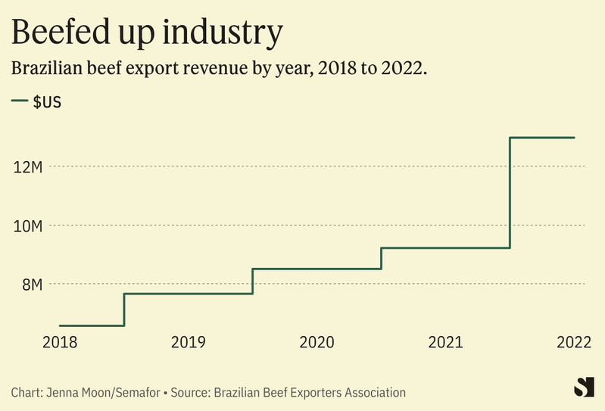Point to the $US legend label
(x=46, y=102)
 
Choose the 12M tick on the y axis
(x=27, y=166)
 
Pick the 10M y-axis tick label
(x=27, y=225)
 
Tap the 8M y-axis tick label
(x=31, y=284)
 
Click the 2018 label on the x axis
(x=59, y=342)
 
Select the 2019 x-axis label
(x=188, y=342)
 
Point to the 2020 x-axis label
(x=317, y=342)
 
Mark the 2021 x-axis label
(x=445, y=342)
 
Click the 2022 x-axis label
(x=573, y=342)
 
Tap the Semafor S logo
(x=583, y=387)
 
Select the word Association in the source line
(x=373, y=392)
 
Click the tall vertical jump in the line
(x=510, y=193)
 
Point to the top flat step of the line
(x=542, y=138)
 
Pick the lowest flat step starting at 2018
(x=91, y=325)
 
